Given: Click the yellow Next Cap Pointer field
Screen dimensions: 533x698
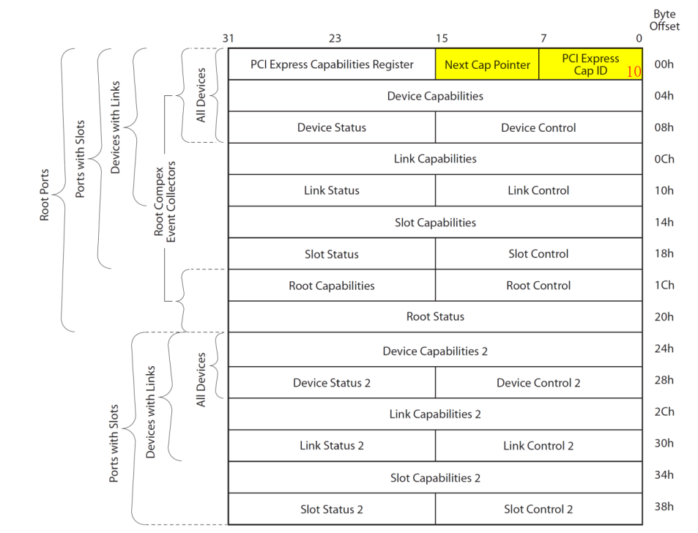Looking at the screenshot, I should click(x=487, y=64).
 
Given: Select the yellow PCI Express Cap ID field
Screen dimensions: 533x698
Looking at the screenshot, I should click(x=590, y=64).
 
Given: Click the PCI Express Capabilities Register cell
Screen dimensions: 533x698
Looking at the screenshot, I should click(x=332, y=64).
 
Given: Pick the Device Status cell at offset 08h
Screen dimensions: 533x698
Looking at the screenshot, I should click(x=332, y=127).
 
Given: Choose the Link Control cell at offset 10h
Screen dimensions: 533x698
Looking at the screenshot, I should click(x=538, y=190).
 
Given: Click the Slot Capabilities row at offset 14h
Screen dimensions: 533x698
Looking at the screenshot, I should click(x=435, y=223).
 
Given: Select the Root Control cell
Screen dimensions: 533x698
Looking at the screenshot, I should click(x=538, y=286).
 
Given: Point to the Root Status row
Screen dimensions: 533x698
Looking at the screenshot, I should click(x=435, y=317).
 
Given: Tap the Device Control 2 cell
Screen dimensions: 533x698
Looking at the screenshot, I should click(x=538, y=383).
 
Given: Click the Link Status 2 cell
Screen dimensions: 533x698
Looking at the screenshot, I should click(x=332, y=446).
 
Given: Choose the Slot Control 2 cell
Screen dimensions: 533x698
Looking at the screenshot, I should click(x=538, y=509).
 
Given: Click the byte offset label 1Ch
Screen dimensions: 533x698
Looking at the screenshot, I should click(x=664, y=286).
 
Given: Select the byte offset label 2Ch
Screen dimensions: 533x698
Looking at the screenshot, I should click(x=664, y=411).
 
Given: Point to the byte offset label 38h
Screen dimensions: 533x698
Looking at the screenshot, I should click(x=664, y=507).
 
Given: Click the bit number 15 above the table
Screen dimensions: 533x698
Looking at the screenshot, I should click(x=442, y=38).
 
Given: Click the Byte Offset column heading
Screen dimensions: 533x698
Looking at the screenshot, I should click(x=664, y=20).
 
